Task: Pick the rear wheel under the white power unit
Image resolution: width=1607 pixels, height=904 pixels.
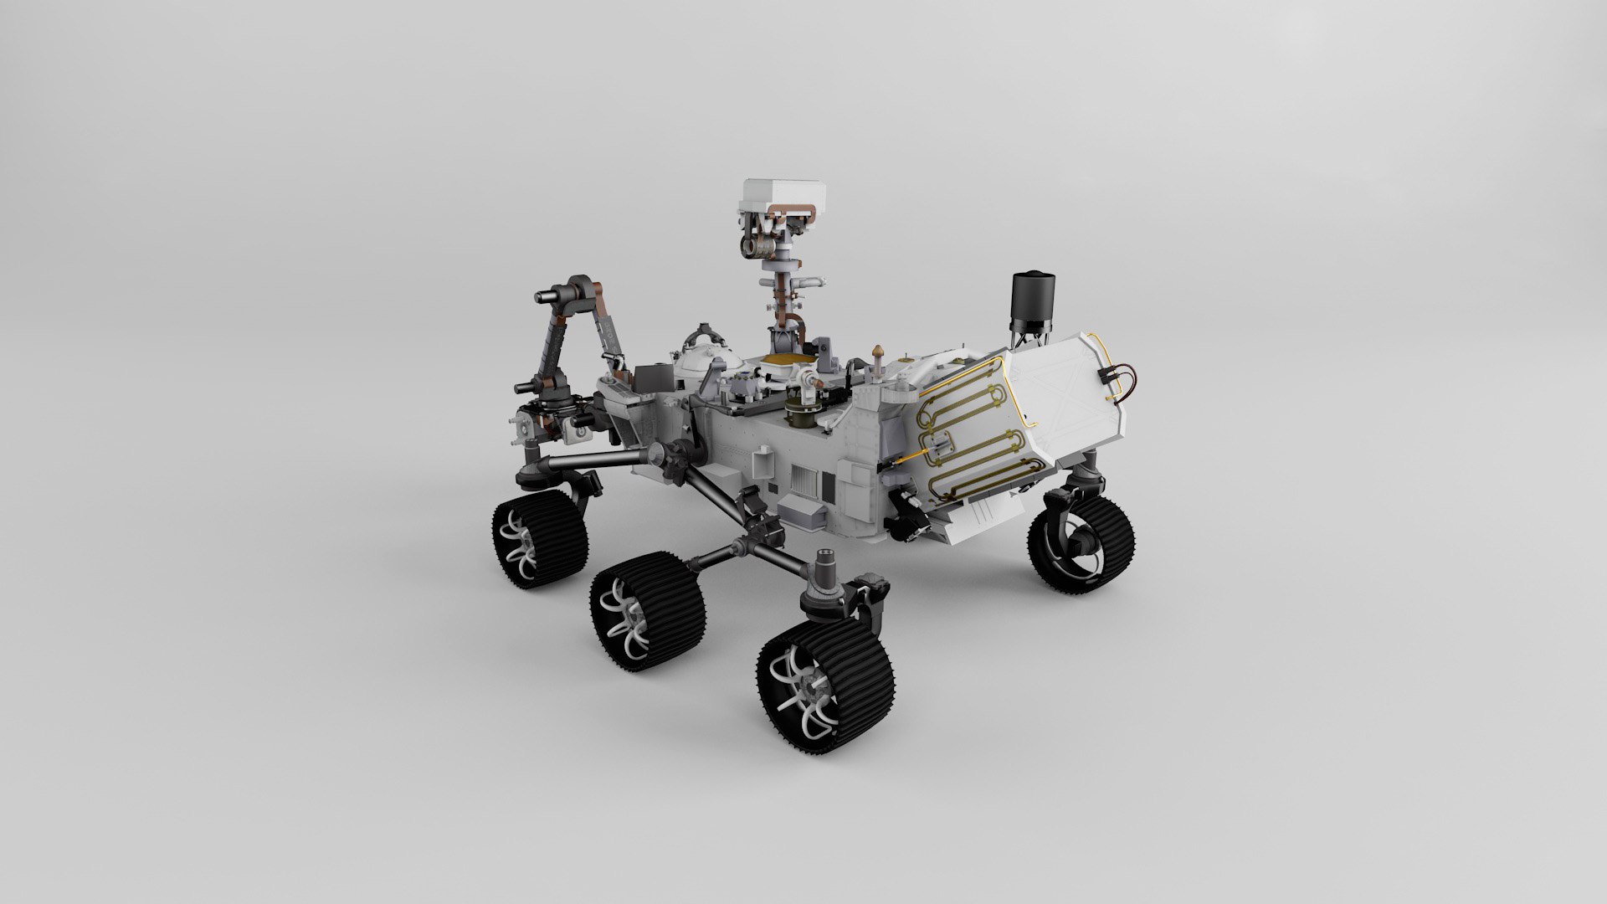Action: [x=1082, y=542]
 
